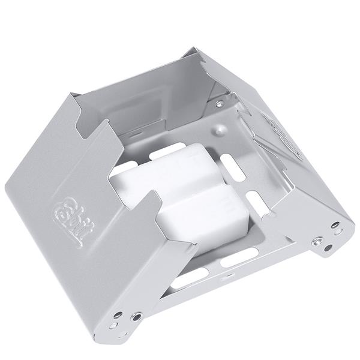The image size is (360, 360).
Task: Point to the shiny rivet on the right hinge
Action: click(316, 241)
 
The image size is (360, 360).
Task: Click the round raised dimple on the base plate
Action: click(221, 129)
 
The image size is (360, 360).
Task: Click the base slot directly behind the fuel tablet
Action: click(167, 151)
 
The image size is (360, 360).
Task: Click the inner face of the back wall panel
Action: click(150, 102)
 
